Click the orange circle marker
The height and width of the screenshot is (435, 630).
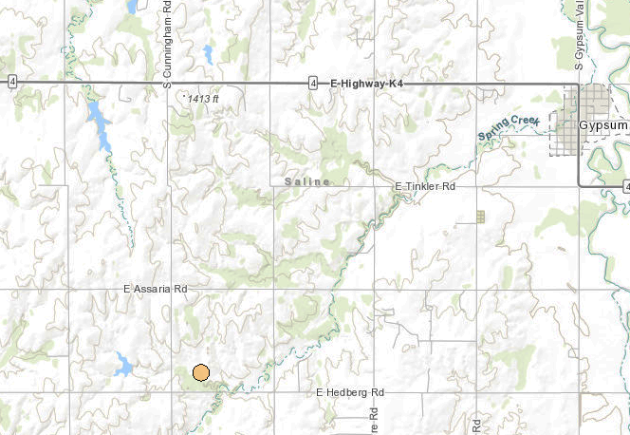point(200,372)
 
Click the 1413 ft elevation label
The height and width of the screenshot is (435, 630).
point(203,99)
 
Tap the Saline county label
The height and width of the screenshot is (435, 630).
point(306,181)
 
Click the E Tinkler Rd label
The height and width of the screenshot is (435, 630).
point(424,187)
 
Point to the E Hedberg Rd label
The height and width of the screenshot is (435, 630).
point(349,392)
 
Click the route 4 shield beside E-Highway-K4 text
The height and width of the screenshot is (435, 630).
point(312,85)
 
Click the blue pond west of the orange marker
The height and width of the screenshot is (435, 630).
point(123,362)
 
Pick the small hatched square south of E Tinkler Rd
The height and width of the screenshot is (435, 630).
point(480,217)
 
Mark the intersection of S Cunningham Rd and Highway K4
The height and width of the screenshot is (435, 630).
point(171,85)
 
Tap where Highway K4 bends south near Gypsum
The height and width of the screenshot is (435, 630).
point(578,85)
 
